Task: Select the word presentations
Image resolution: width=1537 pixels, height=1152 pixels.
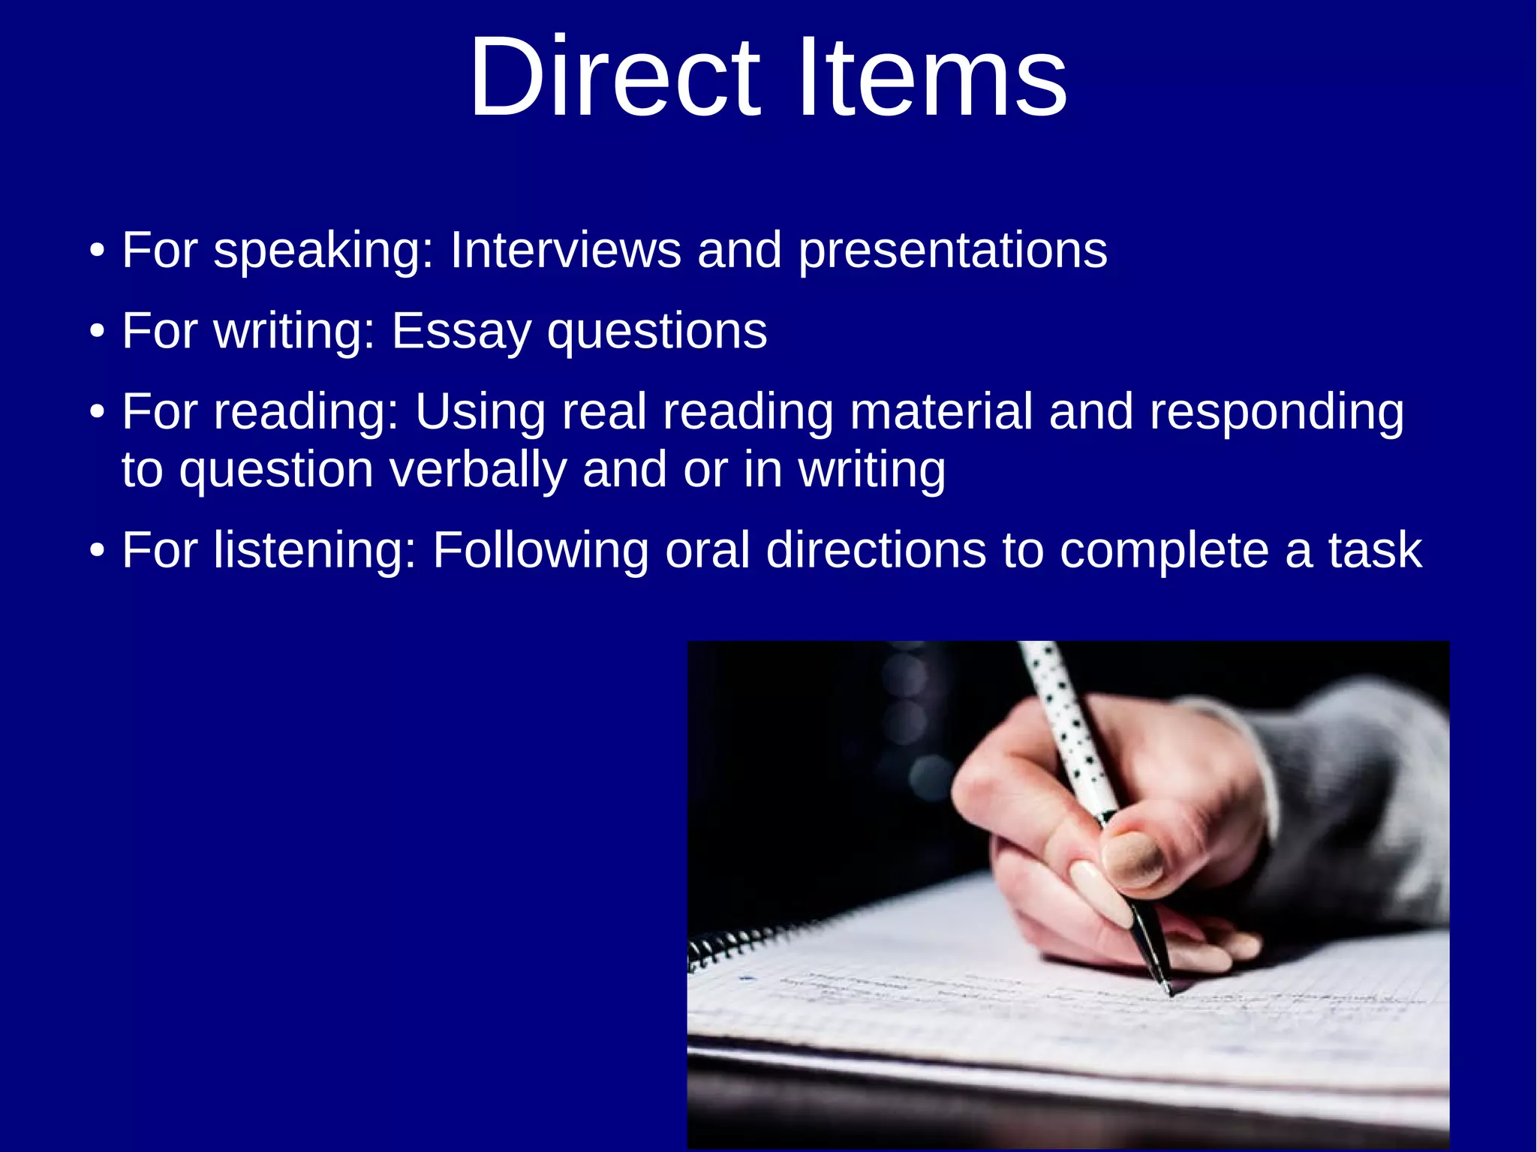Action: [x=952, y=252]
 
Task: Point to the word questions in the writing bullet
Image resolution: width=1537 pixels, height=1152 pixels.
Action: [x=657, y=332]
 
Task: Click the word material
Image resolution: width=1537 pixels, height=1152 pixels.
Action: [x=941, y=412]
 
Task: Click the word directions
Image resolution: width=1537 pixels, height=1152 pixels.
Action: [x=876, y=551]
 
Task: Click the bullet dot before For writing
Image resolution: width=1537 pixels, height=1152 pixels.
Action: [x=97, y=332]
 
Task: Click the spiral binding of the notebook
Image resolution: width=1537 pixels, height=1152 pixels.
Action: [x=732, y=946]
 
